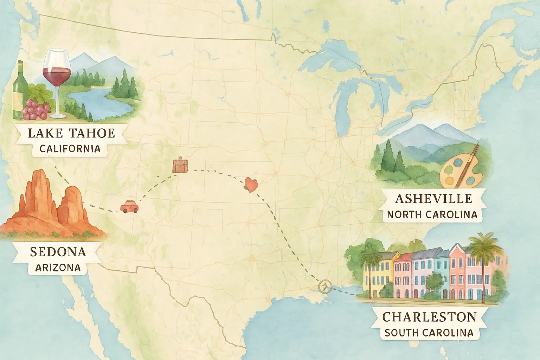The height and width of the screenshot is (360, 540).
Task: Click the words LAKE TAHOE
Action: click(71, 133)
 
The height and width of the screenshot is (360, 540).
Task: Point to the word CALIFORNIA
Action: click(70, 149)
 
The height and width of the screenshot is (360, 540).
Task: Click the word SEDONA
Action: click(58, 252)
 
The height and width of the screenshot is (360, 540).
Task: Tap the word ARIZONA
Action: click(58, 268)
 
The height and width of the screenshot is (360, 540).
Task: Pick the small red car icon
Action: click(129, 206)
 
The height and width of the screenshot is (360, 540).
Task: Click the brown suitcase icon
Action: click(180, 165)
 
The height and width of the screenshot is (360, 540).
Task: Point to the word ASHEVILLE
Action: click(433, 199)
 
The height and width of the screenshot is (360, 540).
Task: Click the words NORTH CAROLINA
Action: click(432, 214)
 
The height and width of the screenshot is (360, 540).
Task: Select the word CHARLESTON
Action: click(429, 317)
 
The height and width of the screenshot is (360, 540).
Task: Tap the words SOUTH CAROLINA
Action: click(429, 333)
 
